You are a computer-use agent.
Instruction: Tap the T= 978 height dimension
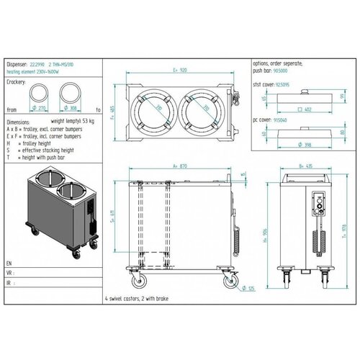coord(343,229)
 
